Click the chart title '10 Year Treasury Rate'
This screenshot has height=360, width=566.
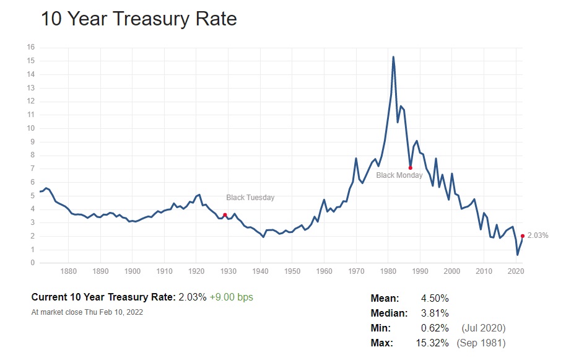point(139,19)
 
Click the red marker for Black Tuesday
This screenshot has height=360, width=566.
point(225,214)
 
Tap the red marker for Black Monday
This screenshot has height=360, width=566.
point(411,167)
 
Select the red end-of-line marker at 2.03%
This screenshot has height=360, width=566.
point(523,235)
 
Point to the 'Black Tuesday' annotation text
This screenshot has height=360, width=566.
point(250,198)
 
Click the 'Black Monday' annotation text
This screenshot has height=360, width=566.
point(400,175)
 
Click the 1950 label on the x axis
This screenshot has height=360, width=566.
point(292,271)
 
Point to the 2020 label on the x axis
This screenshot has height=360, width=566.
point(516,271)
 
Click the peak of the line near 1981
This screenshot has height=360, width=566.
point(393,57)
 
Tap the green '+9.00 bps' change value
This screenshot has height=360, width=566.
point(232,297)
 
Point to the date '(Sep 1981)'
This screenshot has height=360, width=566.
point(481,343)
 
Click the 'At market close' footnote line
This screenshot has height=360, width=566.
point(87,312)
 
